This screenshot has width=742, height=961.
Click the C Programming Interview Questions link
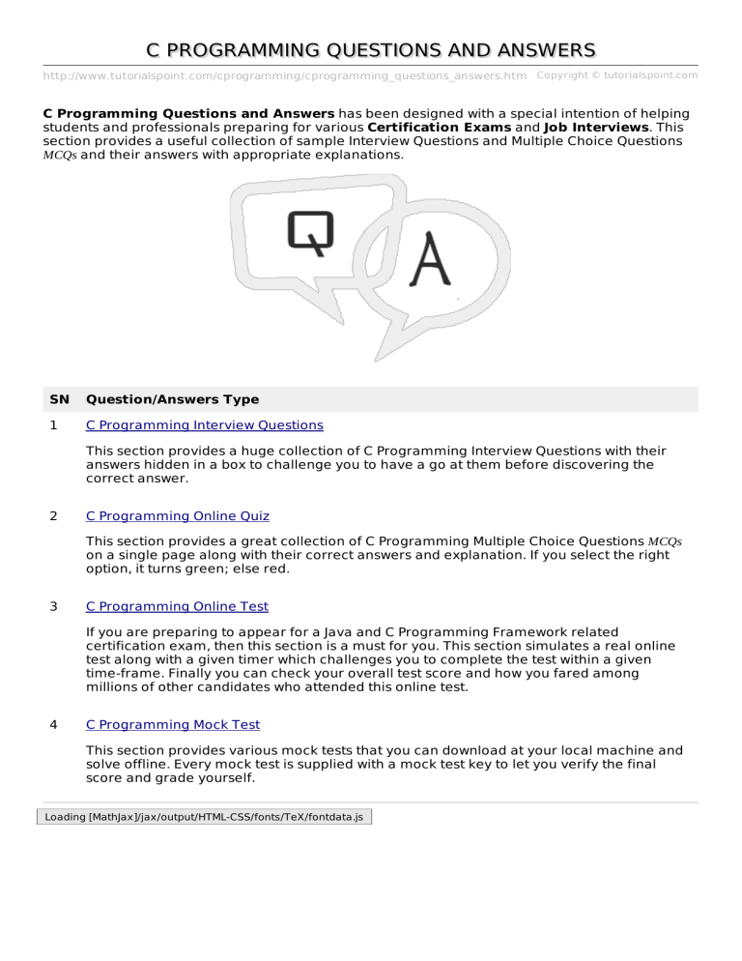click(x=204, y=424)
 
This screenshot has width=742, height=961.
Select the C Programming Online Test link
click(x=177, y=606)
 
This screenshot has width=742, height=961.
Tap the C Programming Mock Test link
click(x=173, y=724)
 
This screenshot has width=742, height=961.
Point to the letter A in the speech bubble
click(x=431, y=260)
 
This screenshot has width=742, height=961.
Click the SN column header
click(x=57, y=399)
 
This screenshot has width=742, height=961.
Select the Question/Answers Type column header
click(x=172, y=399)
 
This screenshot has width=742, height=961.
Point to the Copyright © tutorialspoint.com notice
click(x=616, y=74)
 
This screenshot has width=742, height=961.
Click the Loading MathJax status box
click(x=203, y=817)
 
